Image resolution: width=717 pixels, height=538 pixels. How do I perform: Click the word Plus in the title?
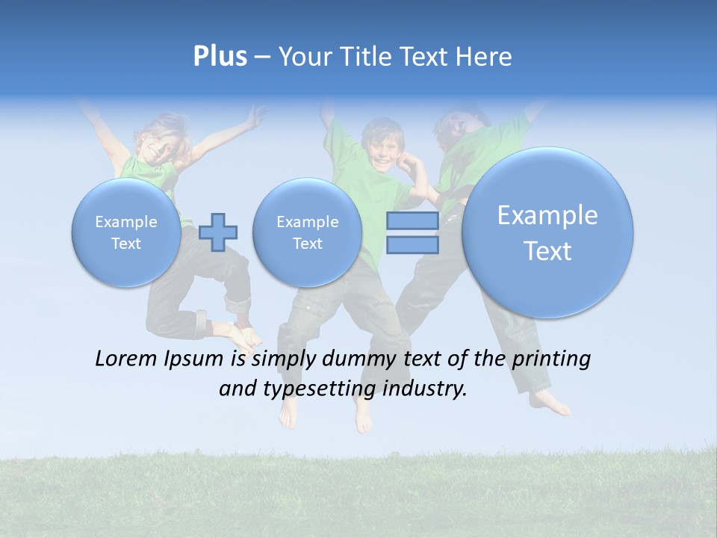coord(220,57)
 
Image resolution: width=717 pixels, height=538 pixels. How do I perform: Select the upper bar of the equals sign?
coord(412,221)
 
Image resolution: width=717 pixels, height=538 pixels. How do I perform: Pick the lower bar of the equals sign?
coord(412,244)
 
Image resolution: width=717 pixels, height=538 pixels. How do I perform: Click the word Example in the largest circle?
coord(547,215)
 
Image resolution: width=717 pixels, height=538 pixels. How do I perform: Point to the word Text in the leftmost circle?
coord(126,244)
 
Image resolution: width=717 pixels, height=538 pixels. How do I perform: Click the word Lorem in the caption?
coord(126,359)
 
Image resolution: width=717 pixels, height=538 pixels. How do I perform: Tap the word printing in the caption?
coord(552,359)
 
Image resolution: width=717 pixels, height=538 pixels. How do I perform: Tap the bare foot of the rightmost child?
coord(553,403)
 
